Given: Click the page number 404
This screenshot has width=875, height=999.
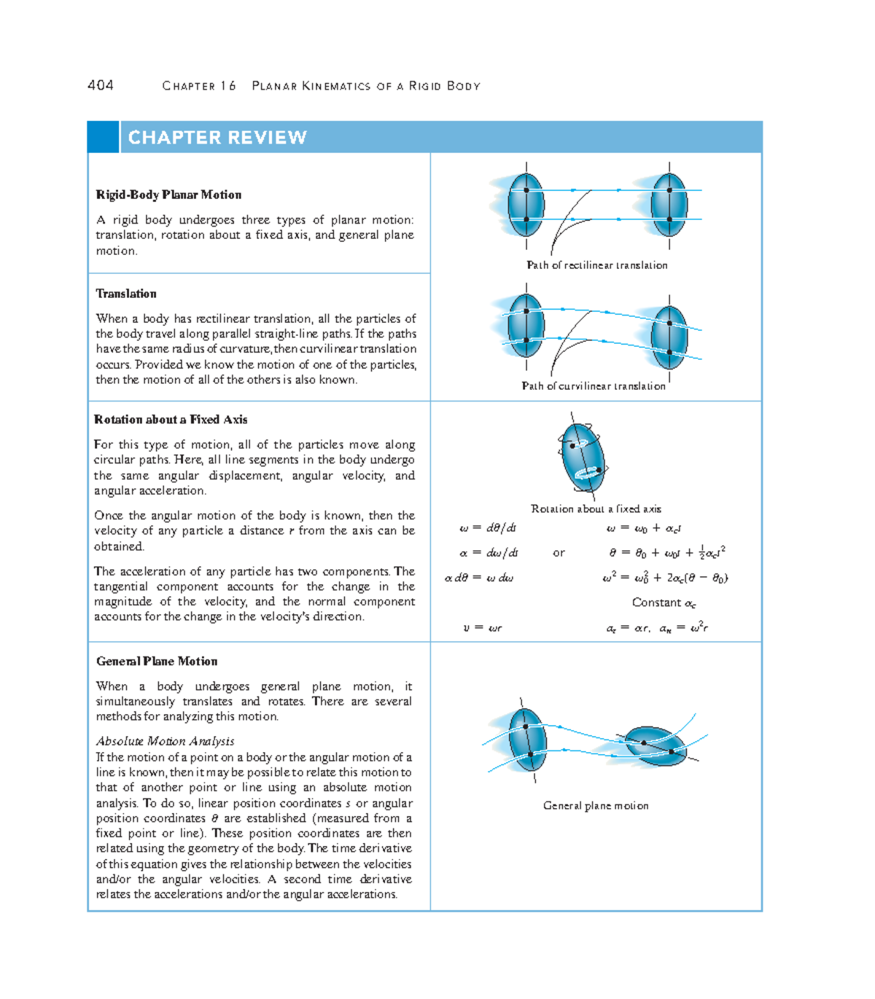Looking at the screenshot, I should (x=101, y=85).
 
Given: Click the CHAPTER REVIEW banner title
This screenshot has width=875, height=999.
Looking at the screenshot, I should (x=217, y=138).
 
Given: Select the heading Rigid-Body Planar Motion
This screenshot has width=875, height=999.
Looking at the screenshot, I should (x=168, y=195).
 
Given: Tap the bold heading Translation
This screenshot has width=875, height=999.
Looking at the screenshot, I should (x=126, y=294).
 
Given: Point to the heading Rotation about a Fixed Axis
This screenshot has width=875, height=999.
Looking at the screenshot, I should (x=171, y=420).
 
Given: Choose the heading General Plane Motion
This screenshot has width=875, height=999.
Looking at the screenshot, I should (x=157, y=662).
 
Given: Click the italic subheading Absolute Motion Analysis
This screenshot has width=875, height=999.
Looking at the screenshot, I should (x=166, y=741).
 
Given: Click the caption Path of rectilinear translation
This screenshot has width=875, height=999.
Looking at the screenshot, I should (x=596, y=265).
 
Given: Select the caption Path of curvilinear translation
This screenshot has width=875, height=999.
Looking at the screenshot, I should (x=594, y=386).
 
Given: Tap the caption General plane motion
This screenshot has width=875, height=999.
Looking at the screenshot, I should (x=596, y=806).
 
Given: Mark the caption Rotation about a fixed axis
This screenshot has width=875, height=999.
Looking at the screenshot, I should (x=596, y=509).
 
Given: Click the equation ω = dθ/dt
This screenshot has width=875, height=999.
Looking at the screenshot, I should (x=488, y=528).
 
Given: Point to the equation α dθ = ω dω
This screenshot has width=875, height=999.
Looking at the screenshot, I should (x=479, y=578).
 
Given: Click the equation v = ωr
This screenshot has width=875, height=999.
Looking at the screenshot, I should (x=482, y=627).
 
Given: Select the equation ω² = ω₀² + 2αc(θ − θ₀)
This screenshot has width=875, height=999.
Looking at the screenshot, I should (x=665, y=578).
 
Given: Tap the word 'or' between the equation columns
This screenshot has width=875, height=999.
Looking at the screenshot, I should (x=559, y=553).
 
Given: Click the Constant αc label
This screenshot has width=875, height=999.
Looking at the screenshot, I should (x=664, y=603).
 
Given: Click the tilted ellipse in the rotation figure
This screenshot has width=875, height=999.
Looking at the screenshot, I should (x=583, y=458).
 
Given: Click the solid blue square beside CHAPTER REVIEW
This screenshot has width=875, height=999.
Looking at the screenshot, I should (x=103, y=137).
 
